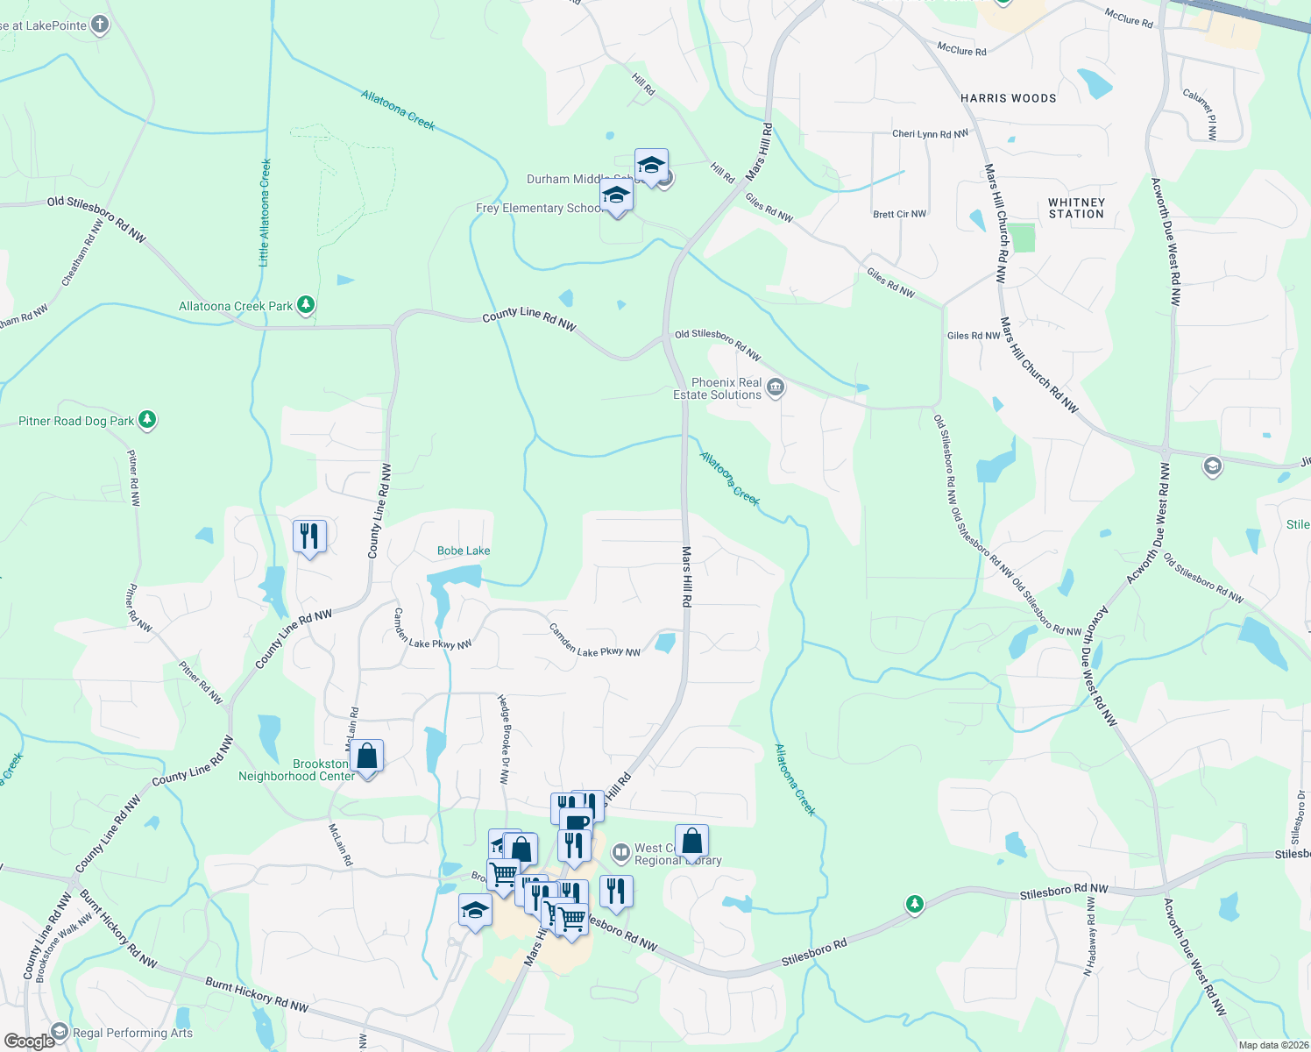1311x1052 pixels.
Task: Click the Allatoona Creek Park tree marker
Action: pos(306,305)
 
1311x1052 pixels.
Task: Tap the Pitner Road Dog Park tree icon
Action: pos(147,420)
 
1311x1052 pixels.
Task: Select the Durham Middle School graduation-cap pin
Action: pos(651,166)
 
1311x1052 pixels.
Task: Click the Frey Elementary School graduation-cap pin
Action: pos(617,195)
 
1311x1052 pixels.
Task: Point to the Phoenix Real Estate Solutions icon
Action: pos(776,387)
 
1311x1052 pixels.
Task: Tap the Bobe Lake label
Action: pos(464,551)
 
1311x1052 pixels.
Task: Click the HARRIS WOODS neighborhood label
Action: pos(1009,98)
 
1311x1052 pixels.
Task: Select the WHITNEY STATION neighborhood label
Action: pos(1076,208)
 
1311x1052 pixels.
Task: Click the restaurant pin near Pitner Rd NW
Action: pos(309,535)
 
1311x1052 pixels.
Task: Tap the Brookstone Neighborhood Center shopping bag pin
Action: pos(367,757)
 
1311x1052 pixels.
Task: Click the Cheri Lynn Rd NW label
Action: pos(930,134)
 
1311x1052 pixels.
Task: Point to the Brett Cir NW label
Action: pos(899,214)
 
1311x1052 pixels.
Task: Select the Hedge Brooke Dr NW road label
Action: pos(504,738)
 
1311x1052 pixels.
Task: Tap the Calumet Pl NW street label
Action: pos(1201,114)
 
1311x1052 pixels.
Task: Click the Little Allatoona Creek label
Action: pos(265,212)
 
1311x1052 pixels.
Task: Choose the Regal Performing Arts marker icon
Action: pos(60,1032)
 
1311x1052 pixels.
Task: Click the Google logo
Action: pos(29,1041)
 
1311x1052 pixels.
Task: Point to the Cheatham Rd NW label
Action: pos(82,252)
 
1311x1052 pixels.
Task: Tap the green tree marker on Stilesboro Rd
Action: pos(915,904)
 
